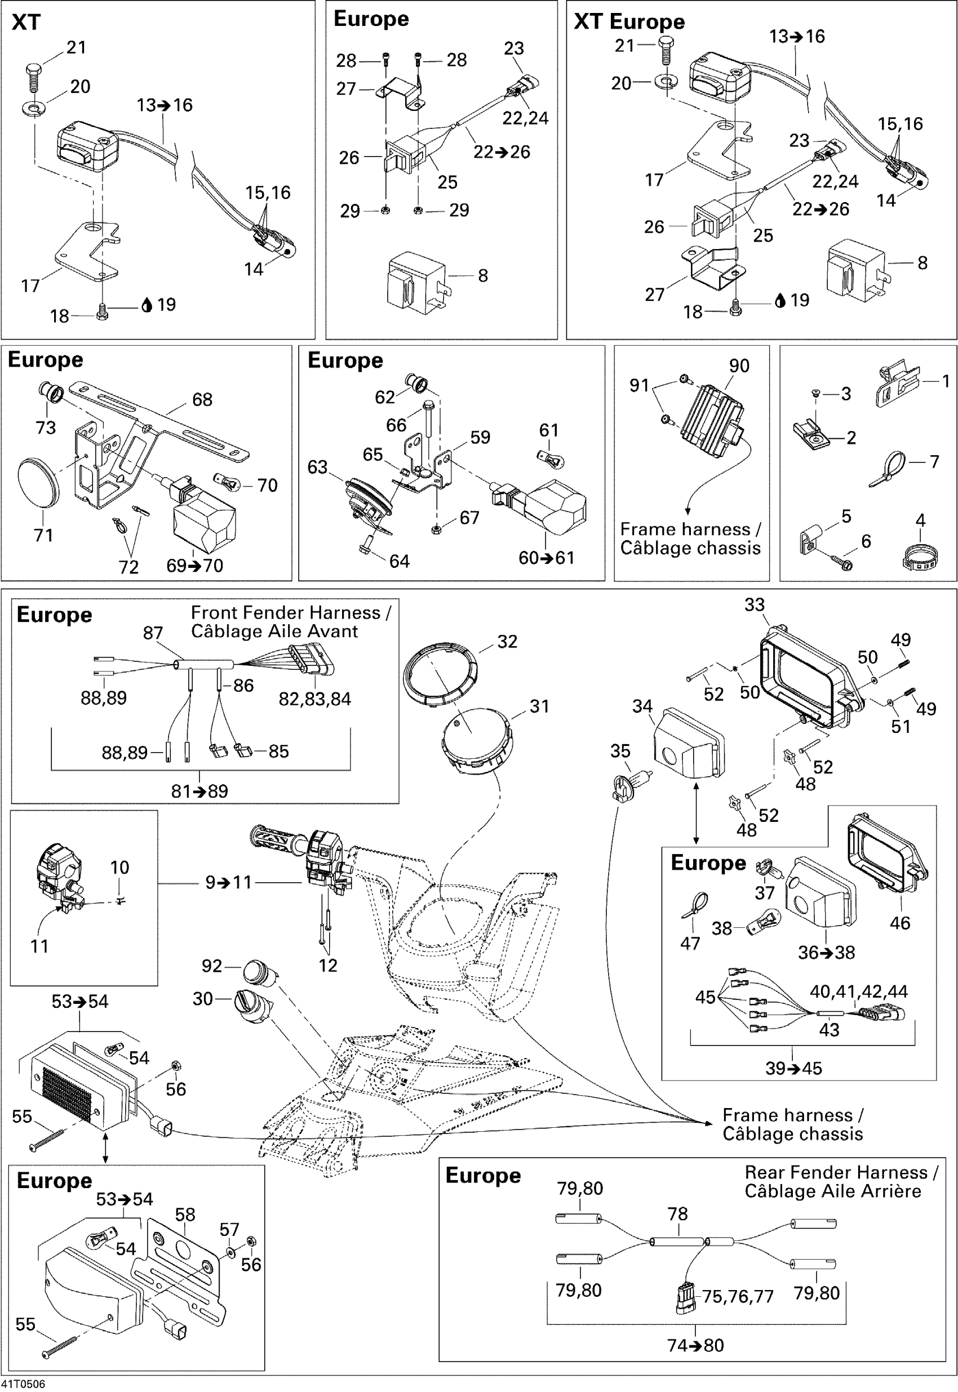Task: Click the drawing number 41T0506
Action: click(x=23, y=1384)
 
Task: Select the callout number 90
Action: click(x=739, y=366)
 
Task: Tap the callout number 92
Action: click(x=212, y=966)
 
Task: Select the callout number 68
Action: click(x=202, y=399)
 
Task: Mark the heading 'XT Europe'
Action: click(x=629, y=21)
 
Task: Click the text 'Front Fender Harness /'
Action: click(x=291, y=612)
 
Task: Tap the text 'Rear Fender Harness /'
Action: click(x=841, y=1172)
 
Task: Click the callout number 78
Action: click(x=678, y=1214)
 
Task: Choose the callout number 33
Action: click(x=755, y=605)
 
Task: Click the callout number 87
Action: click(x=153, y=633)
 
